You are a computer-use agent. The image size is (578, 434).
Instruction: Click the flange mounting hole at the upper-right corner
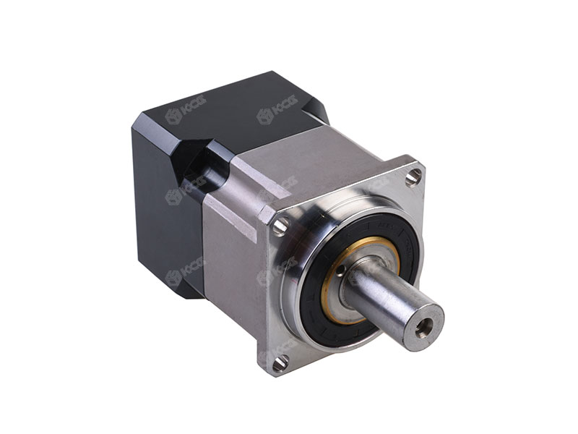point(413,176)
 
